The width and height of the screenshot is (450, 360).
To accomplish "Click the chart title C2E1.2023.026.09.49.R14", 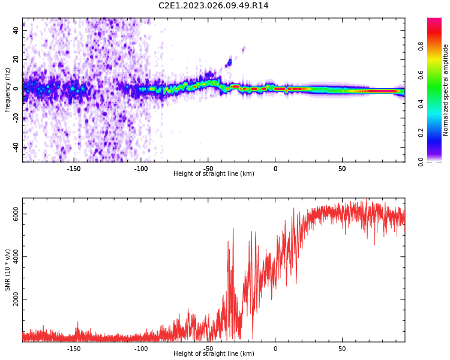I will tap(213, 6).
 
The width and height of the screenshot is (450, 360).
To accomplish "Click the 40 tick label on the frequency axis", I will tap(16, 30).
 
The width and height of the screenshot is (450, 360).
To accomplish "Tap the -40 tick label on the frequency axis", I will tap(16, 147).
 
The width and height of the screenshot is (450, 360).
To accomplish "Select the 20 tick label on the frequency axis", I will tap(16, 59).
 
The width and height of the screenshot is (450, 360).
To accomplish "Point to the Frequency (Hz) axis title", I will tap(8, 90).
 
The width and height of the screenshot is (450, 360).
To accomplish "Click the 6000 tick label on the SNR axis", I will tap(16, 214).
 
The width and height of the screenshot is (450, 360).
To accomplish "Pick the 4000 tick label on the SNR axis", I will tap(16, 257).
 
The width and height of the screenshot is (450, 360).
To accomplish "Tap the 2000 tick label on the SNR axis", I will tap(16, 299).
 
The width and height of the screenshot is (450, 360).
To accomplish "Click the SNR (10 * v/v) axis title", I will tap(8, 270).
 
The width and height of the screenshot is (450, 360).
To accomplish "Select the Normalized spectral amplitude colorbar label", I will tap(446, 90).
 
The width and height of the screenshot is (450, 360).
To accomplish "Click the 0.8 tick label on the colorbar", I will tap(437, 46).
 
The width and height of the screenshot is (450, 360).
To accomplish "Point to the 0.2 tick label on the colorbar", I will tap(437, 133).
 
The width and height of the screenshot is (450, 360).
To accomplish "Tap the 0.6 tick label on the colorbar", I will tap(437, 74).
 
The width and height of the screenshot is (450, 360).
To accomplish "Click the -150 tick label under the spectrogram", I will tap(74, 169).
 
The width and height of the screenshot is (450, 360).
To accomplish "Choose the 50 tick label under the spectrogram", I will tap(342, 169).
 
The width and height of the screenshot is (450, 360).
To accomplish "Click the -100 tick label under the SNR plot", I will tap(141, 349).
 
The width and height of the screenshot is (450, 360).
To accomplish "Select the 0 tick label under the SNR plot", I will tap(275, 349).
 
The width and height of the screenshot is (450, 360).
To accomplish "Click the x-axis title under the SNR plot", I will tap(214, 354).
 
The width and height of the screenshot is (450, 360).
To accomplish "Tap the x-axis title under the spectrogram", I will tap(214, 174).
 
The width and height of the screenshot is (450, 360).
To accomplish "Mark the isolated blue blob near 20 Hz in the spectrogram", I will tap(229, 62).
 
